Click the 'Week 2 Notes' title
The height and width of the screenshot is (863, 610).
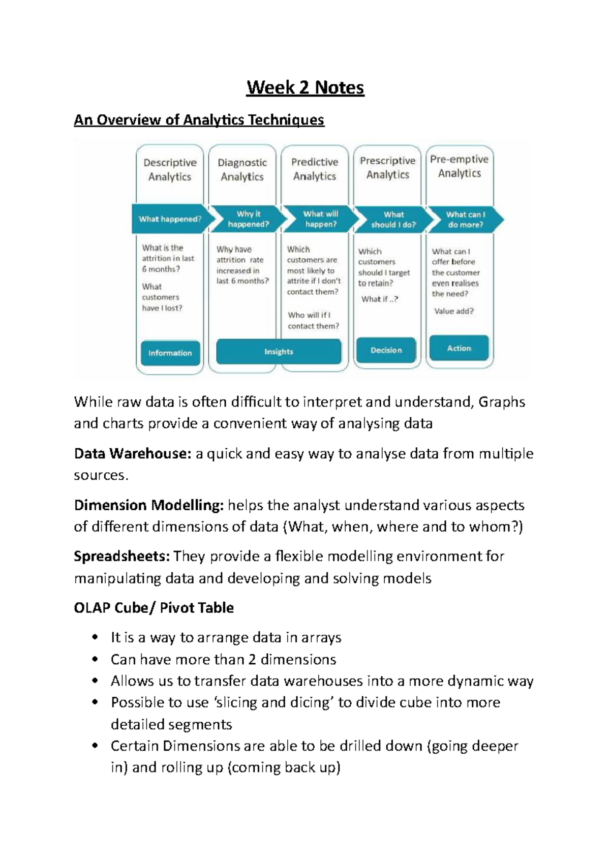(x=305, y=88)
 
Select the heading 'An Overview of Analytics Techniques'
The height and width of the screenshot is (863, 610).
(x=199, y=120)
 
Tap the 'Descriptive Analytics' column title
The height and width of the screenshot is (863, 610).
(x=170, y=170)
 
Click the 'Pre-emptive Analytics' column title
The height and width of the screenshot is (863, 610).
(x=459, y=166)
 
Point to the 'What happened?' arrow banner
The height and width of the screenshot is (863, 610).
(x=170, y=219)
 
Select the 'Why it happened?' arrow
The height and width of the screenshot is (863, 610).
(x=248, y=219)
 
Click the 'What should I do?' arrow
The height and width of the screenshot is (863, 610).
(x=393, y=220)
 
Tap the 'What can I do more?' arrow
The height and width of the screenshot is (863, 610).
(x=465, y=220)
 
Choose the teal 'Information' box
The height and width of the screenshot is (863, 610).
(x=170, y=353)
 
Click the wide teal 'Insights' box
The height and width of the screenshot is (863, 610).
(x=279, y=352)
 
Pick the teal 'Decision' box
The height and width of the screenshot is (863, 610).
(x=386, y=350)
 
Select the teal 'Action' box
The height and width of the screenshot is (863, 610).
(x=459, y=348)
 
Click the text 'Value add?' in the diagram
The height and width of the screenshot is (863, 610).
(x=453, y=311)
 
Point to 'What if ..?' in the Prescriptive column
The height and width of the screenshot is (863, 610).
(x=380, y=299)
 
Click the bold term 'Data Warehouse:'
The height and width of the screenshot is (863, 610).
(x=132, y=453)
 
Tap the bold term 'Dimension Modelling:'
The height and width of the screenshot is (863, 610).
(x=148, y=505)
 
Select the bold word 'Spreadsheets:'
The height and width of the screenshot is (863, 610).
(x=121, y=556)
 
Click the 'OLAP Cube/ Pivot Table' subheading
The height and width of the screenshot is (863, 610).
(x=154, y=608)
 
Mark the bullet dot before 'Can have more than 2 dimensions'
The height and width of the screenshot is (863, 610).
(x=95, y=660)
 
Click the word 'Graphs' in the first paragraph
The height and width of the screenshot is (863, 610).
(x=501, y=402)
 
